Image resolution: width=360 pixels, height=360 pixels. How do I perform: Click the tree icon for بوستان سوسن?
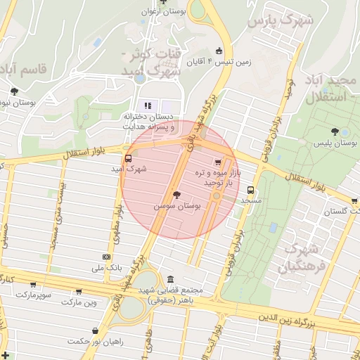pyautogui.click(x=176, y=195)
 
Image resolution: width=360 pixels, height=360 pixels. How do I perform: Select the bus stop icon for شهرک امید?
pyautogui.click(x=128, y=158)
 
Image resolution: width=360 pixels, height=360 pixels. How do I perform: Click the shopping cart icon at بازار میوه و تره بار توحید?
pyautogui.click(x=226, y=162)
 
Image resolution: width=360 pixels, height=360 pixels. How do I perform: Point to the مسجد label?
pyautogui.click(x=251, y=200)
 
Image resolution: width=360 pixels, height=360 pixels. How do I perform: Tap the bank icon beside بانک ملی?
pyautogui.click(x=105, y=257)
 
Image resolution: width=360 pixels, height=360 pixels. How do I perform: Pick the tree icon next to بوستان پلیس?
pyautogui.click(x=335, y=131)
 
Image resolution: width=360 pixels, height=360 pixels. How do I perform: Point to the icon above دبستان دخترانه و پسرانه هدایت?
pyautogui.click(x=148, y=105)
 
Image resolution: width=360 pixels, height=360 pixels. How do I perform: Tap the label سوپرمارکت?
pyautogui.click(x=32, y=293)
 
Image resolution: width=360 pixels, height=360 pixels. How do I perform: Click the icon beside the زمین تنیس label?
pyautogui.click(x=219, y=50)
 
